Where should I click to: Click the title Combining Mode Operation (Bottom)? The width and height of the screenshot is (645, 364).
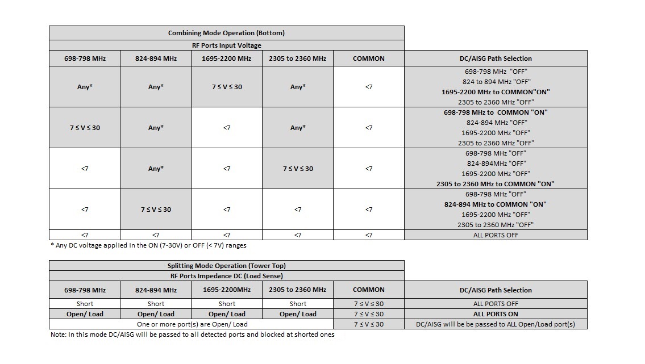(226, 33)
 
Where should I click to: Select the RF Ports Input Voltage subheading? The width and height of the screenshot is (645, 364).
(226, 45)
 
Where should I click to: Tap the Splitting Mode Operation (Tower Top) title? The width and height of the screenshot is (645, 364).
(226, 266)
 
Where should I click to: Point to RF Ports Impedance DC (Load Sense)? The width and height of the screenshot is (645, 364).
(226, 276)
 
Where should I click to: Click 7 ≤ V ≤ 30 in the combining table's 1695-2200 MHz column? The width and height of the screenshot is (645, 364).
(226, 87)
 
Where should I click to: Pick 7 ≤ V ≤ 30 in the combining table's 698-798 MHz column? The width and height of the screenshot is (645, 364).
(84, 128)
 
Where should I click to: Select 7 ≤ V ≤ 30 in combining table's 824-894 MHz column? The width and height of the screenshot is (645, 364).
(155, 210)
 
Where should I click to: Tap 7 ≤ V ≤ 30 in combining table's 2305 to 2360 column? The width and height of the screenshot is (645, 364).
(297, 169)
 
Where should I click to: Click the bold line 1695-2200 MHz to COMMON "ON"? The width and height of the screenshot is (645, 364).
(496, 92)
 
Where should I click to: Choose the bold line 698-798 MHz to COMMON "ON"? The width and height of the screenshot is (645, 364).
(496, 112)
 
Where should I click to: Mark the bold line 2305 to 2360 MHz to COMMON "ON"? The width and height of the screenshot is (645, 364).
(496, 184)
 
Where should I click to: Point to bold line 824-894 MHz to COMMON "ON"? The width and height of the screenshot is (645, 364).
(496, 204)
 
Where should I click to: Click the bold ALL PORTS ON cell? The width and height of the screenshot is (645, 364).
(496, 314)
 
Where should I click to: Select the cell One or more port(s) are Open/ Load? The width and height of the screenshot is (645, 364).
(191, 324)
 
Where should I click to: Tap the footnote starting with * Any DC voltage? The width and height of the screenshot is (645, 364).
(148, 246)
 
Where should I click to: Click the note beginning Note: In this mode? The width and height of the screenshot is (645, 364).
(193, 334)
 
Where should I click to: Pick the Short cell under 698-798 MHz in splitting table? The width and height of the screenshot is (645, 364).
(84, 304)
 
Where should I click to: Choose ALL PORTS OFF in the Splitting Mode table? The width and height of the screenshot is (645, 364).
(496, 304)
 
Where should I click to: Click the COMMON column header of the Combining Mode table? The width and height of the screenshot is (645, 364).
(368, 58)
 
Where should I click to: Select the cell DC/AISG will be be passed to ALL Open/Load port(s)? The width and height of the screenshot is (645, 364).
(496, 324)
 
